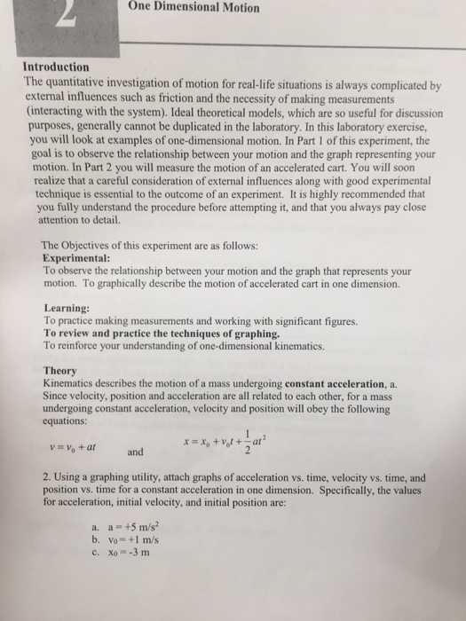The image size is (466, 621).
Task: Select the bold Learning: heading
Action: click(x=67, y=308)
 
